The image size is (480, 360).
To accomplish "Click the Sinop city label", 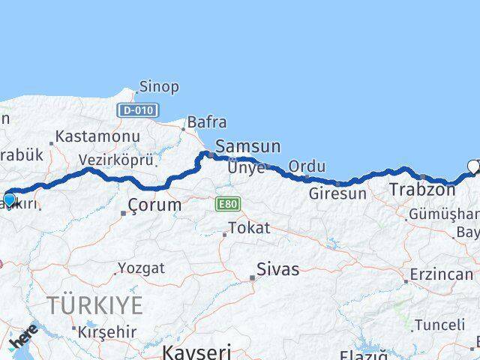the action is click(x=158, y=87).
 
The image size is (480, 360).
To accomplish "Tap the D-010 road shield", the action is click(x=137, y=110).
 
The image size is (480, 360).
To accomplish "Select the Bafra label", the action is click(x=206, y=122).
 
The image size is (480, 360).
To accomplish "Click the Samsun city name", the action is click(x=247, y=146).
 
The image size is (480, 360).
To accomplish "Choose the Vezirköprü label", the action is click(x=116, y=160).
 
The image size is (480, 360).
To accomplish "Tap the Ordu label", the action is click(x=307, y=166).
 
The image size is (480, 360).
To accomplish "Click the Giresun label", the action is click(x=337, y=193).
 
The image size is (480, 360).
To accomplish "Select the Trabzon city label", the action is click(x=421, y=190).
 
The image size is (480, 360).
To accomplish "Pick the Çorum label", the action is click(x=154, y=204).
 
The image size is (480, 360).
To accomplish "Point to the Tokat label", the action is click(x=248, y=228).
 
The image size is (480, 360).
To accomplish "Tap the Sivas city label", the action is click(x=277, y=269).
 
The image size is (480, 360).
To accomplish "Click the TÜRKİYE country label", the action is click(x=94, y=305).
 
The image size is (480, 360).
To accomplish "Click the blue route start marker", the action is click(x=9, y=199).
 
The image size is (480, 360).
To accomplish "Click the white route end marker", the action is click(x=473, y=166).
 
